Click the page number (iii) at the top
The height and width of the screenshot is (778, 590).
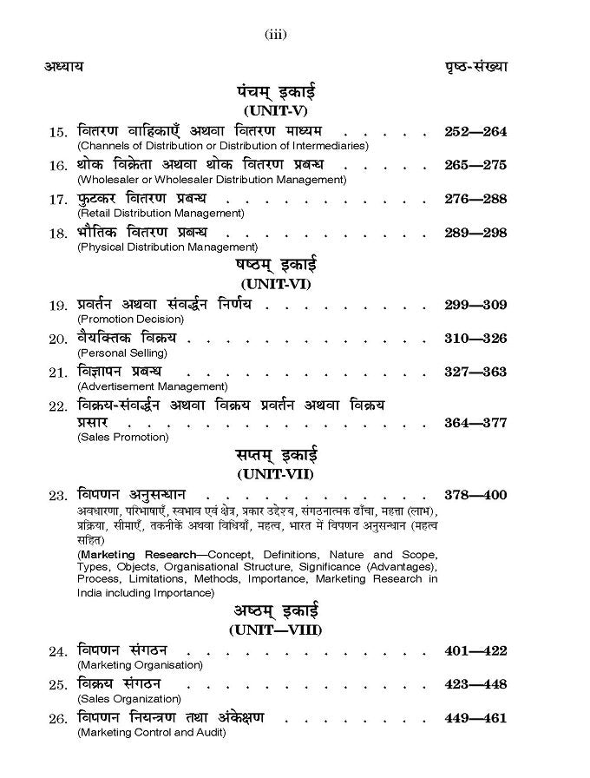275,35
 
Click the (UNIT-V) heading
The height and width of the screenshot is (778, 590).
275,111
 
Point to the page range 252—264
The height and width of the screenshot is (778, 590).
475,132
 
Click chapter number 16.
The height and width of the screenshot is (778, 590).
58,166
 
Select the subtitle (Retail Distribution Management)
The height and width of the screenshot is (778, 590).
161,213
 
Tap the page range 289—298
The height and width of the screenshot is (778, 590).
475,233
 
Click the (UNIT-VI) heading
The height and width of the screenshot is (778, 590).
275,283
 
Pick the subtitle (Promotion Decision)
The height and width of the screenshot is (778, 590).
129,319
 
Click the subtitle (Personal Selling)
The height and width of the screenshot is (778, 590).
122,353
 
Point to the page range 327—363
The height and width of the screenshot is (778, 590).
475,372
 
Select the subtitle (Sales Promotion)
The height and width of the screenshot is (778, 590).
122,437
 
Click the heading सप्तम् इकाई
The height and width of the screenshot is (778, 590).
276,454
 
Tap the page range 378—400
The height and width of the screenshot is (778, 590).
475,495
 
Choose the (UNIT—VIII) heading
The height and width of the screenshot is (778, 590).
275,628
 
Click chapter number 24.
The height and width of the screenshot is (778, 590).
58,651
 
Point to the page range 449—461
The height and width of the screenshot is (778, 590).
475,718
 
